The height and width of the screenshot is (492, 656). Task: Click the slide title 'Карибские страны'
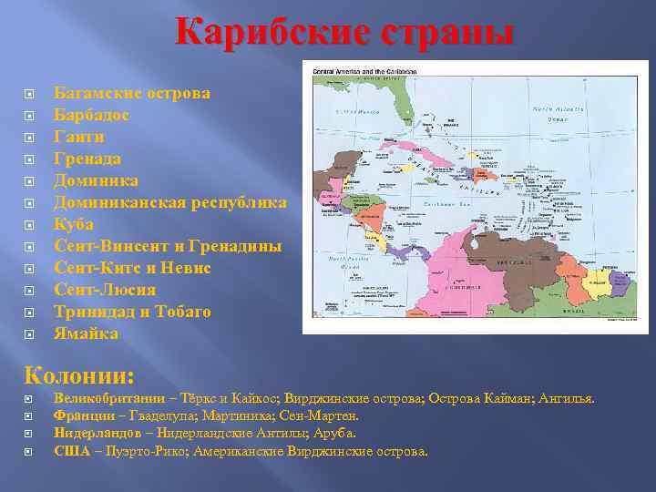coord(345,33)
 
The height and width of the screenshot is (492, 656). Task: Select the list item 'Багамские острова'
coord(132,93)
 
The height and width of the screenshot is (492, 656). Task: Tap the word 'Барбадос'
coord(91,115)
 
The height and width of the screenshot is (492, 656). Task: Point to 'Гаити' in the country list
coord(79,137)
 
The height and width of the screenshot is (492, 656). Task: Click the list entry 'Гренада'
coord(87,159)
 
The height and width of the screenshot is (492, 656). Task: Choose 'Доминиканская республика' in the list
coord(170,202)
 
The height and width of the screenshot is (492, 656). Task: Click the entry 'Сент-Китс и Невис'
coord(133,268)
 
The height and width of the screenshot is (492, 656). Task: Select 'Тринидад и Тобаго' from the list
coord(133,312)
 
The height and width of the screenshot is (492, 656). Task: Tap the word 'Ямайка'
coord(86,333)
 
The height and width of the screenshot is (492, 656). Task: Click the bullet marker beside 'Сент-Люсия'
coord(30,291)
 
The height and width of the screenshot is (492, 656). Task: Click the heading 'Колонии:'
coord(80,374)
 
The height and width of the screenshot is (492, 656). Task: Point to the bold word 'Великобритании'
coord(109,399)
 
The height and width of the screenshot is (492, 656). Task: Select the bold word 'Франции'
coord(81,416)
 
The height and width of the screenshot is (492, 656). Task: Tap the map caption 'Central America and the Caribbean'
coord(364,70)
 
